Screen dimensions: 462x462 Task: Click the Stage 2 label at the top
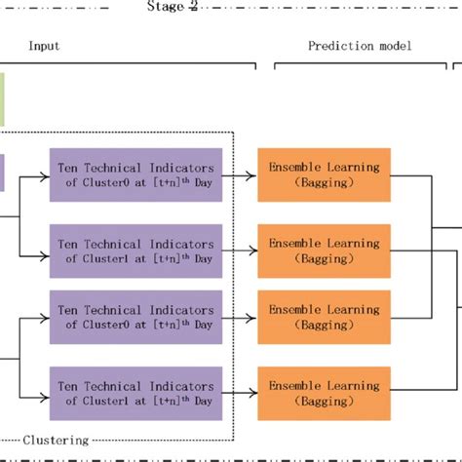click(172, 7)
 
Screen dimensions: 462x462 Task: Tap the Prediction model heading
click(360, 45)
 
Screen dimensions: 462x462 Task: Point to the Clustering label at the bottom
click(55, 441)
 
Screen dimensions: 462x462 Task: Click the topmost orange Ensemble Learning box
click(324, 175)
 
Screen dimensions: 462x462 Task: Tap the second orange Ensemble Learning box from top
click(324, 250)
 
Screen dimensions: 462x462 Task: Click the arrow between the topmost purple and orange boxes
click(239, 175)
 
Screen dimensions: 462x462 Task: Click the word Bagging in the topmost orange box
click(324, 183)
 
